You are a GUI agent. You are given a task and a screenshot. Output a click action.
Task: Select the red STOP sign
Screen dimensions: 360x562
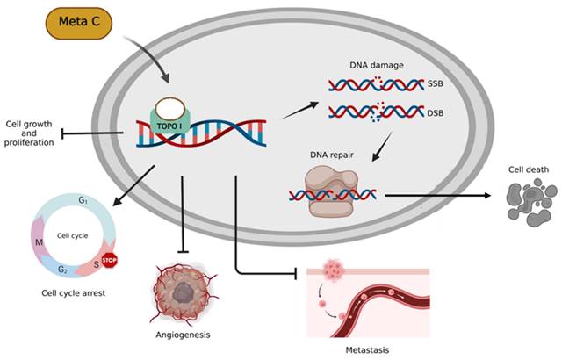coord(110,261)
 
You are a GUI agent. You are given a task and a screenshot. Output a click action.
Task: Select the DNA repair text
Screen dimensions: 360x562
coord(328,155)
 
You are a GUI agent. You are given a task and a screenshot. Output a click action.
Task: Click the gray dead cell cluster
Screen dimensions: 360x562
coord(524,203)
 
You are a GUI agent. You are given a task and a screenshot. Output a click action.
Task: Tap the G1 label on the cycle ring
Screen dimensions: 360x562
coord(83,201)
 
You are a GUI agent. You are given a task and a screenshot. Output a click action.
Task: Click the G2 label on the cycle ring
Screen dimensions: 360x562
coord(63,269)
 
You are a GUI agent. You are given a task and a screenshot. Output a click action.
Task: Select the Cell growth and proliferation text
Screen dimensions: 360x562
coord(30,134)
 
